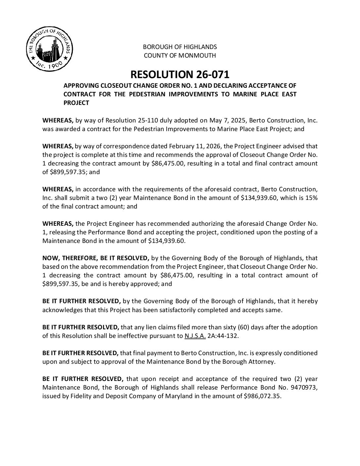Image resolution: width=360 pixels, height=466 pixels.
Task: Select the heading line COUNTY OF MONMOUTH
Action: click(180, 55)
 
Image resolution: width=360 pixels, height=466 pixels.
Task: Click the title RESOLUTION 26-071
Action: click(180, 74)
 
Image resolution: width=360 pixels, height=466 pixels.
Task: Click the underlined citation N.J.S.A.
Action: click(195, 336)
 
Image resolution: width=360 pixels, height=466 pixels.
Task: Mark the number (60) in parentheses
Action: click(244, 327)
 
